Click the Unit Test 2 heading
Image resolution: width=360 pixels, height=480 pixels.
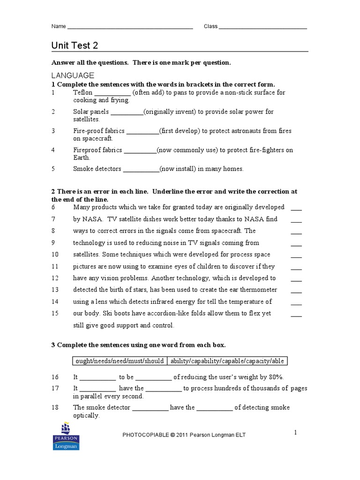click(x=75, y=45)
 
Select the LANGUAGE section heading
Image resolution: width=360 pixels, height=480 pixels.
click(x=73, y=75)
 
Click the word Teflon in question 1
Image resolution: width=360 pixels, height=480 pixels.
click(x=83, y=93)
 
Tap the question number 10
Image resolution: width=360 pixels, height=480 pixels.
click(x=55, y=255)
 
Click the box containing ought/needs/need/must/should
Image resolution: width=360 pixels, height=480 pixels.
click(x=119, y=361)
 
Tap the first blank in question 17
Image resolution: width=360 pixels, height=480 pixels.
click(x=97, y=389)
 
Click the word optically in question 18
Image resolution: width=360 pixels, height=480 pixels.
click(x=86, y=415)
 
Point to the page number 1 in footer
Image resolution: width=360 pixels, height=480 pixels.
click(x=296, y=433)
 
